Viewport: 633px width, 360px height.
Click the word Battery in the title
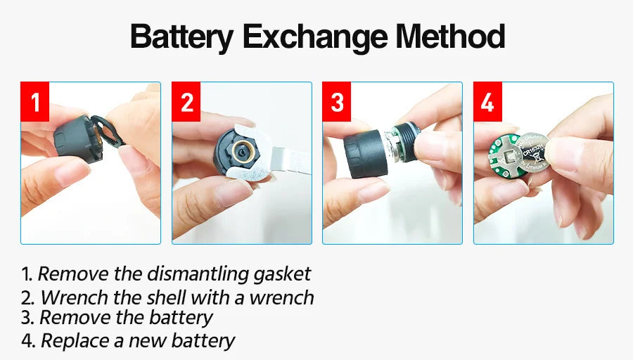[x=181, y=37]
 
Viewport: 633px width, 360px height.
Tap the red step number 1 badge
[x=34, y=103]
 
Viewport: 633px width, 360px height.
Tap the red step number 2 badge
[x=186, y=103]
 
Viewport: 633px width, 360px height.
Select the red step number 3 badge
[x=336, y=103]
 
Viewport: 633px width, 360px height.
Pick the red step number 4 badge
[x=487, y=103]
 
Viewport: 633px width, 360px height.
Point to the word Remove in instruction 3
[x=70, y=318]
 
